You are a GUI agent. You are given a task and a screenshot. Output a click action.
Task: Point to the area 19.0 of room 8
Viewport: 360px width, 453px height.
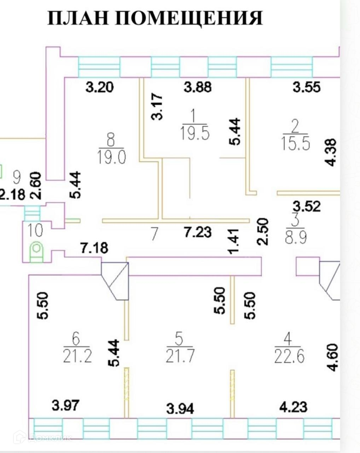[111, 157]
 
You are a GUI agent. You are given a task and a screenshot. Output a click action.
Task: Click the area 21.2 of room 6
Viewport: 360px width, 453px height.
[77, 356]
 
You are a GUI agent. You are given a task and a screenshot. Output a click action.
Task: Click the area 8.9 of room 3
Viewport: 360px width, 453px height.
[296, 236]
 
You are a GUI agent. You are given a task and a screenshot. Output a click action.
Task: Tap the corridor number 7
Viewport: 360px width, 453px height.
[153, 234]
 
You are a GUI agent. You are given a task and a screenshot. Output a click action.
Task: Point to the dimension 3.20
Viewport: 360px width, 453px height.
[100, 87]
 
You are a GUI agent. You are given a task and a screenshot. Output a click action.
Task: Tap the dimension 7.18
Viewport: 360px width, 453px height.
[94, 247]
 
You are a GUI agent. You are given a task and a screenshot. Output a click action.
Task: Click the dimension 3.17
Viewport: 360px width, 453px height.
[157, 106]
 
